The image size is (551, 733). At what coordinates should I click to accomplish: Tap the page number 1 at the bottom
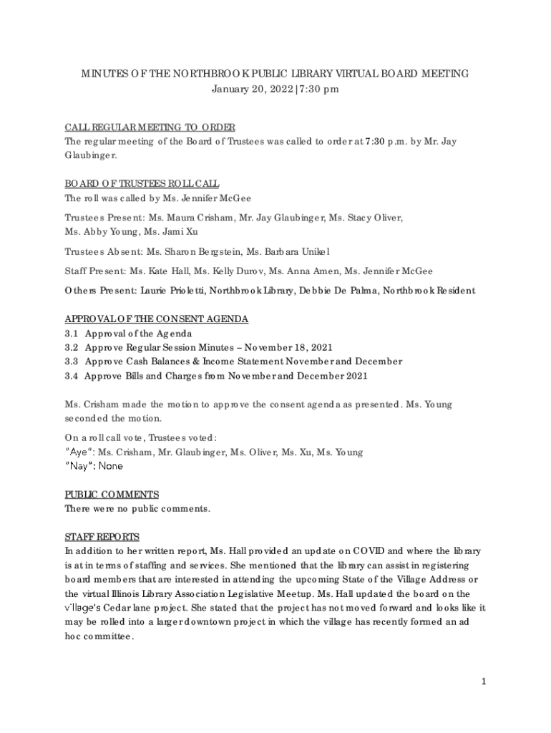483,681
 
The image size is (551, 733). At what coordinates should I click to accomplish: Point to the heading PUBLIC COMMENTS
112,495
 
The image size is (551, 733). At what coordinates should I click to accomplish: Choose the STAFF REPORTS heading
102,537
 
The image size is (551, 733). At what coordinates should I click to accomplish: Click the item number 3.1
72,334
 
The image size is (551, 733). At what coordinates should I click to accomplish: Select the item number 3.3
72,361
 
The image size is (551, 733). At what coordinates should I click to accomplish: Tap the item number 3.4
72,376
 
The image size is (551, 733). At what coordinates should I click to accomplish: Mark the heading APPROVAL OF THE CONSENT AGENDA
157,319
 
